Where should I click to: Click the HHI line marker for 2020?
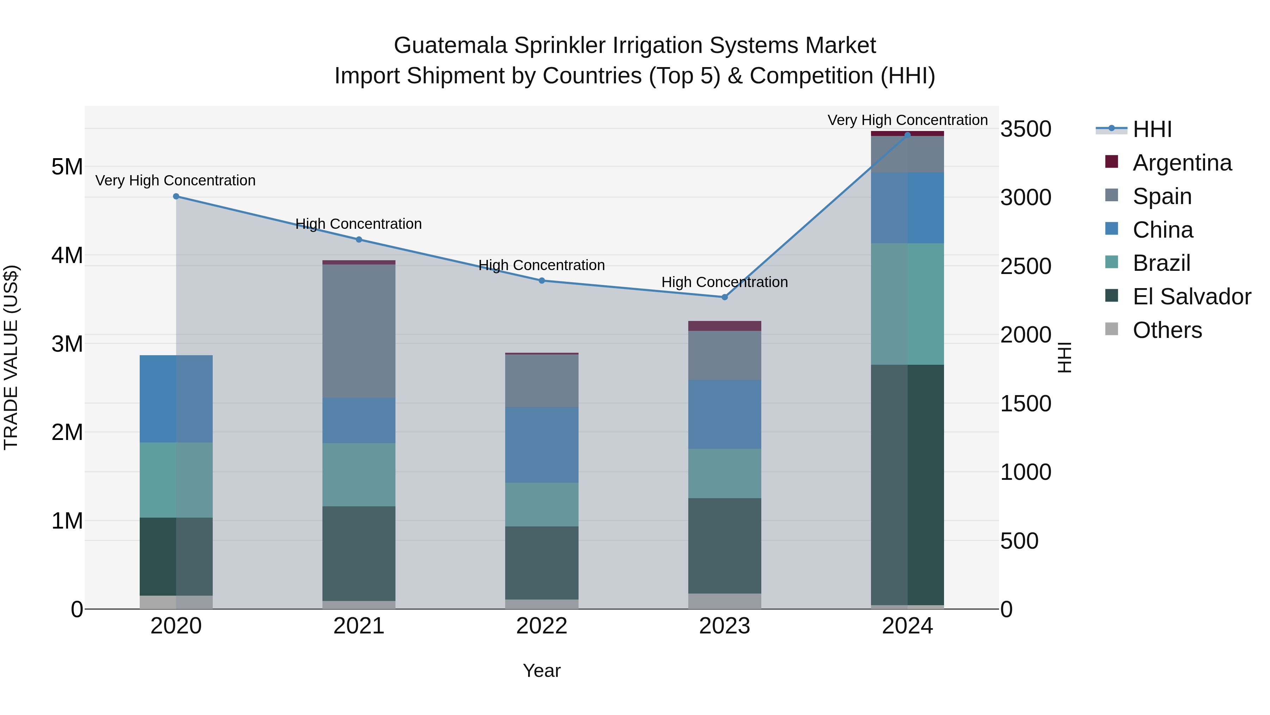click(x=176, y=196)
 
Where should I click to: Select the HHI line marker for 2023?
click(x=724, y=297)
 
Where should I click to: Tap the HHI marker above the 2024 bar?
click(x=907, y=135)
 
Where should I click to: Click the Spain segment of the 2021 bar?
click(x=359, y=330)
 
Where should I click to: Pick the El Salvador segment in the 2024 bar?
click(x=907, y=484)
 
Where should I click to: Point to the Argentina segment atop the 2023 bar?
click(x=724, y=326)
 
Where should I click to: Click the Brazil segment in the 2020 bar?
click(x=176, y=479)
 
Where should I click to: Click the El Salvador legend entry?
click(x=1191, y=297)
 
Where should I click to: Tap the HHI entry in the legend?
click(x=1152, y=129)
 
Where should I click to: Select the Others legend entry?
click(x=1167, y=330)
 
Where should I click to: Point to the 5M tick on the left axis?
click(x=67, y=167)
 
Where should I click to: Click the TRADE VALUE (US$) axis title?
click(x=11, y=357)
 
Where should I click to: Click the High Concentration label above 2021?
click(x=358, y=224)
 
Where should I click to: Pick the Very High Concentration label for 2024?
click(x=907, y=120)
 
